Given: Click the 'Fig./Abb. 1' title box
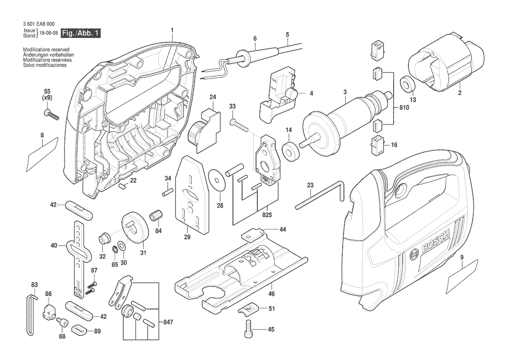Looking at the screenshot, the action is [x=81, y=33].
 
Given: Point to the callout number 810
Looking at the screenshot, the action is [x=404, y=107].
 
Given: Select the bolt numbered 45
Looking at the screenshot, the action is [x=248, y=329].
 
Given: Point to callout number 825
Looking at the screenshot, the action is [x=267, y=215].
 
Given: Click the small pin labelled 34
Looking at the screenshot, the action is [x=167, y=192].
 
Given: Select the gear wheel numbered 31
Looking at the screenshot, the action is [x=135, y=227].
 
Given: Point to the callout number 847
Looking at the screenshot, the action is [x=168, y=323].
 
